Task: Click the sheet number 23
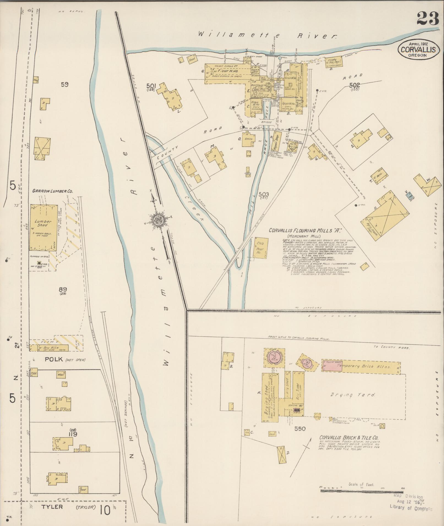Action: (x=427, y=19)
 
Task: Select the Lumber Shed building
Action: (x=43, y=227)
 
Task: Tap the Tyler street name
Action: (x=52, y=506)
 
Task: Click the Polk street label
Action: (x=54, y=359)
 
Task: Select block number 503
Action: (x=263, y=195)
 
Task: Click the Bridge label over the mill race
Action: (x=266, y=122)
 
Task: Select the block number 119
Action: (x=73, y=434)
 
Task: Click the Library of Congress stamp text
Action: (x=411, y=508)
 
